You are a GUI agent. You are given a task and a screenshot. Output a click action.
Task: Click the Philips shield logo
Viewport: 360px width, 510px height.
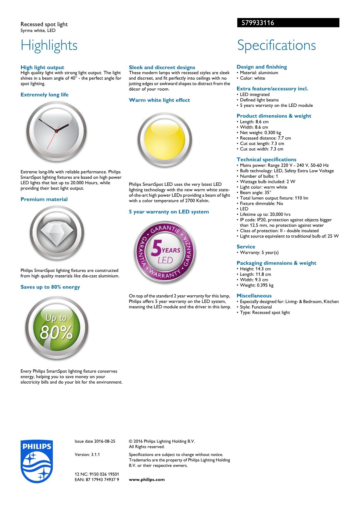pos(36,461)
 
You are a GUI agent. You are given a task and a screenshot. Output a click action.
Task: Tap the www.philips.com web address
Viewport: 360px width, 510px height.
pos(147,479)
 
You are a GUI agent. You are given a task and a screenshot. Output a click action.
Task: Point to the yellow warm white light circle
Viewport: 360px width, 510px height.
pos(165,140)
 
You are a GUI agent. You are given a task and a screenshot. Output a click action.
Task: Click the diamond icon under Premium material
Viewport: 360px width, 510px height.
pos(57,233)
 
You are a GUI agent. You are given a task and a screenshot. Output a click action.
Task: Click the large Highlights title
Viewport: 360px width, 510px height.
pos(49,45)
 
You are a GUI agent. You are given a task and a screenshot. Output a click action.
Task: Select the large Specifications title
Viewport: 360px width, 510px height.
pos(276,45)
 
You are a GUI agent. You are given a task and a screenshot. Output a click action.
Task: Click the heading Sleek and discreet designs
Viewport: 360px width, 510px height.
pos(162,67)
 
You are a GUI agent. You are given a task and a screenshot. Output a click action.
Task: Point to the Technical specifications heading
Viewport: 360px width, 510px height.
pos(266,159)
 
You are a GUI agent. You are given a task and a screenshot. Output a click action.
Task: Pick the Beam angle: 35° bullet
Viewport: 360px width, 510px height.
pos(255,192)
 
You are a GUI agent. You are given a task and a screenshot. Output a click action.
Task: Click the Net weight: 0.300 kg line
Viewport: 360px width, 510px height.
pos(260,133)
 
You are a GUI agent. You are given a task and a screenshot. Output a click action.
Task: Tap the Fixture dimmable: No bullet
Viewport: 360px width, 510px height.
pos(261,203)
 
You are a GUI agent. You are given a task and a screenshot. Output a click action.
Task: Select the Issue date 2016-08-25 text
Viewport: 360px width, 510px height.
pos(95,441)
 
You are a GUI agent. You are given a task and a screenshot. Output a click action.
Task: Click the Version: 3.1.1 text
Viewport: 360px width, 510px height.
pos(87,454)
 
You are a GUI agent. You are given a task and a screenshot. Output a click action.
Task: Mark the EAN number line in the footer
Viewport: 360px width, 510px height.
pos(97,479)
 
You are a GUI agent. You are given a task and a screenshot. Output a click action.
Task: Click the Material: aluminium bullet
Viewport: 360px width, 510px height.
pos(259,73)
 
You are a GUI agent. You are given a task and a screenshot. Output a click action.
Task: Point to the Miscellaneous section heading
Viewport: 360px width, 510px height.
pos(254,296)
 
